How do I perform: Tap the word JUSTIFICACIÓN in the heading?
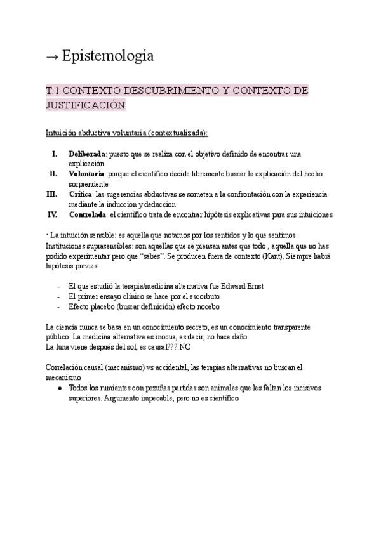tap(86, 105)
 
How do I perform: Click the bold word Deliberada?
tap(87, 154)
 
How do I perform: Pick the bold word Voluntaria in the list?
tap(86, 173)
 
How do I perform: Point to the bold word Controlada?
tap(88, 214)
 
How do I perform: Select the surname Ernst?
tap(252, 286)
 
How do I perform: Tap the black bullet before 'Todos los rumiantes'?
tap(60, 388)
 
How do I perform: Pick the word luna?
tap(65, 347)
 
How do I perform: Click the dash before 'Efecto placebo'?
tap(59, 306)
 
